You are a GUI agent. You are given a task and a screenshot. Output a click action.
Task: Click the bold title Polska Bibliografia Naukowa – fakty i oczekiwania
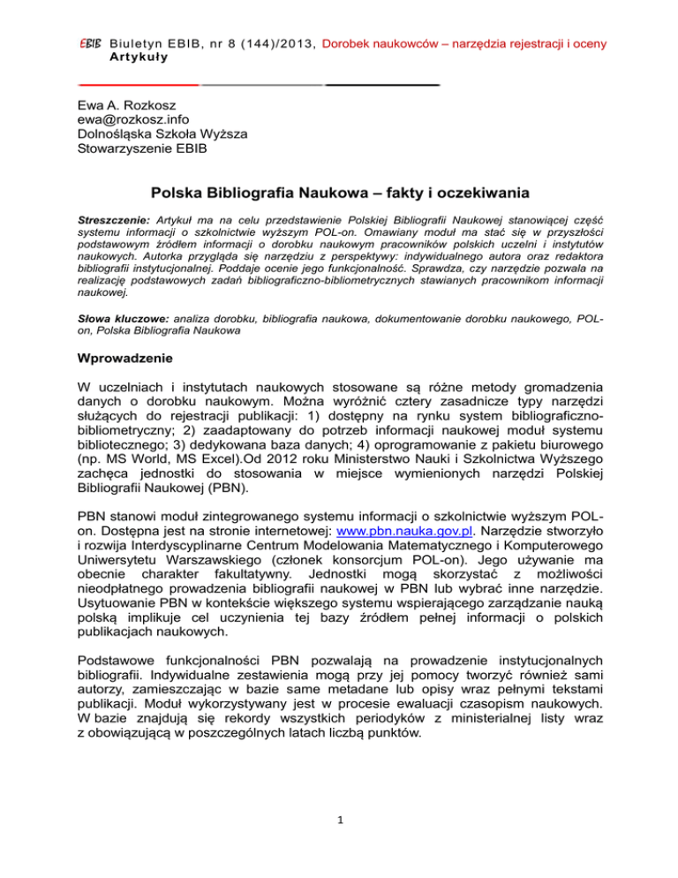coord(339,193)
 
